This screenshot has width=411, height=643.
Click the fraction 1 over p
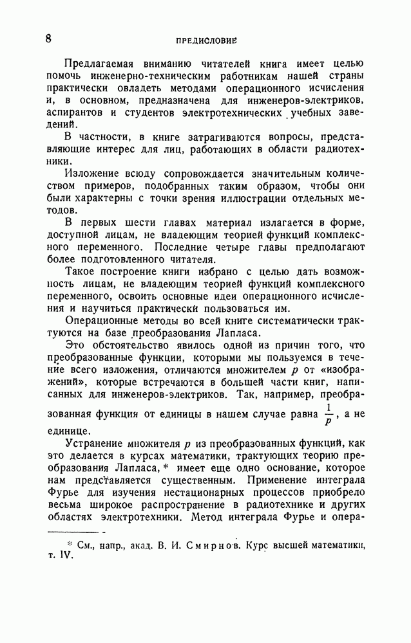tap(329, 415)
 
